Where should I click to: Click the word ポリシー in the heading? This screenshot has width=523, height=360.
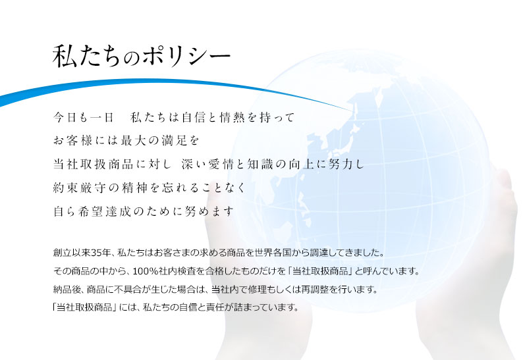coord(187,56)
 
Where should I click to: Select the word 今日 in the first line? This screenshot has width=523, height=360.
coord(65,117)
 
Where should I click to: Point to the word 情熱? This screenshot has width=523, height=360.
coord(232,117)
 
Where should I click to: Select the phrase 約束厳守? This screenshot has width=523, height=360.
coord(79,188)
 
